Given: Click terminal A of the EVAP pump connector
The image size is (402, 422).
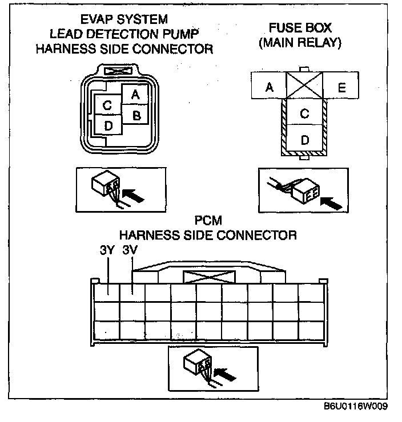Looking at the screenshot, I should (x=135, y=95).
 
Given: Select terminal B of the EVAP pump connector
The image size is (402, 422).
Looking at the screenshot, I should (x=136, y=115).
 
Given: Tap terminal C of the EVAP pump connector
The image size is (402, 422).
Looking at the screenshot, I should (x=107, y=105).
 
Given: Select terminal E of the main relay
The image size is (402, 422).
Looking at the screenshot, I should (x=341, y=87).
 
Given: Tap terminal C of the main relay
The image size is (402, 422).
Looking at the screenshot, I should (x=304, y=113).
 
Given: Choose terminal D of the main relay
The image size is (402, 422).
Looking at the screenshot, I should (x=304, y=140).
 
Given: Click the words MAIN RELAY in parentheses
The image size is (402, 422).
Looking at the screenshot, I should (x=300, y=43).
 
